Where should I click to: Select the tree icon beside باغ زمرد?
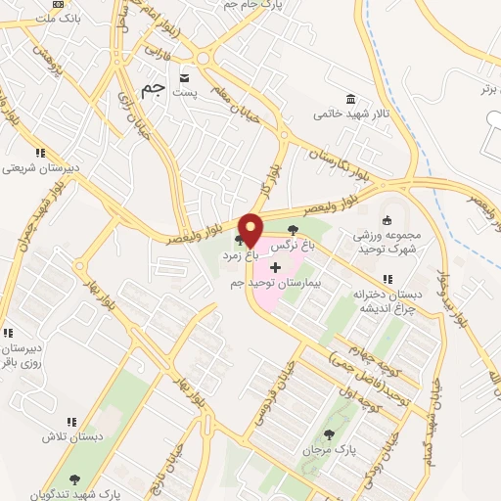240,239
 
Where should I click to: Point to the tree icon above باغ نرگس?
294,230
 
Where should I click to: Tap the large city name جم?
152,89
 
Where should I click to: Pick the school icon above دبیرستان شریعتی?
40,153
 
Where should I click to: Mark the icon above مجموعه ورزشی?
387,220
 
